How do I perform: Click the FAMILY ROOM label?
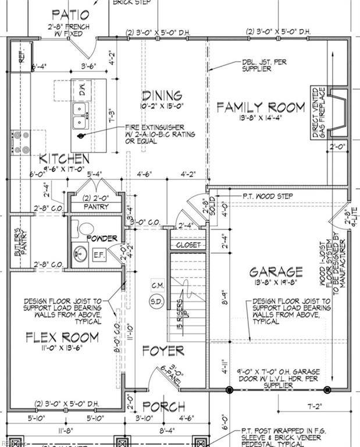[x=261, y=107]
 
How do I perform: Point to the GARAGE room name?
[x=276, y=272]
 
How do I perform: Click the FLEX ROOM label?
[x=62, y=337]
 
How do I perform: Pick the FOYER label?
[x=163, y=350]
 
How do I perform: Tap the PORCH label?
[x=163, y=406]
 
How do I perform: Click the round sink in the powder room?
[x=80, y=254]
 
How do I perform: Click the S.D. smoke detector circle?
[x=156, y=301]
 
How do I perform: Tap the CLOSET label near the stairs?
[x=187, y=246]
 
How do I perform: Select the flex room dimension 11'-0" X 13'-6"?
[x=62, y=350]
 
